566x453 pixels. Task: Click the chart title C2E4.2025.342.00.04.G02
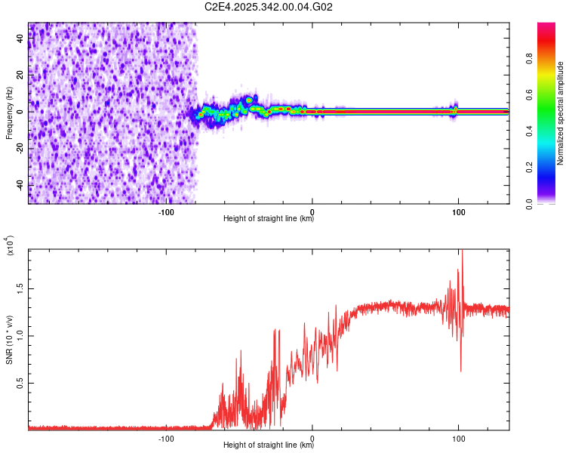pyautogui.click(x=269, y=7)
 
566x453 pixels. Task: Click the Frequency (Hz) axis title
pyautogui.click(x=9, y=112)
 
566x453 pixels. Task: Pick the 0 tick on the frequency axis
pyautogui.click(x=20, y=111)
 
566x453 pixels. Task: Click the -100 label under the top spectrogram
pyautogui.click(x=167, y=211)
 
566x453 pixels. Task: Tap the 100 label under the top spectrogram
pyautogui.click(x=458, y=211)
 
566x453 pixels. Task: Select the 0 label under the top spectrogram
pyautogui.click(x=313, y=211)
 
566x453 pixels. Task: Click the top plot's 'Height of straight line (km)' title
pyautogui.click(x=269, y=219)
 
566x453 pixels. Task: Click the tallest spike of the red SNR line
pyautogui.click(x=461, y=253)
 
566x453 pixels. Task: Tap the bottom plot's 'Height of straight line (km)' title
pyautogui.click(x=269, y=445)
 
